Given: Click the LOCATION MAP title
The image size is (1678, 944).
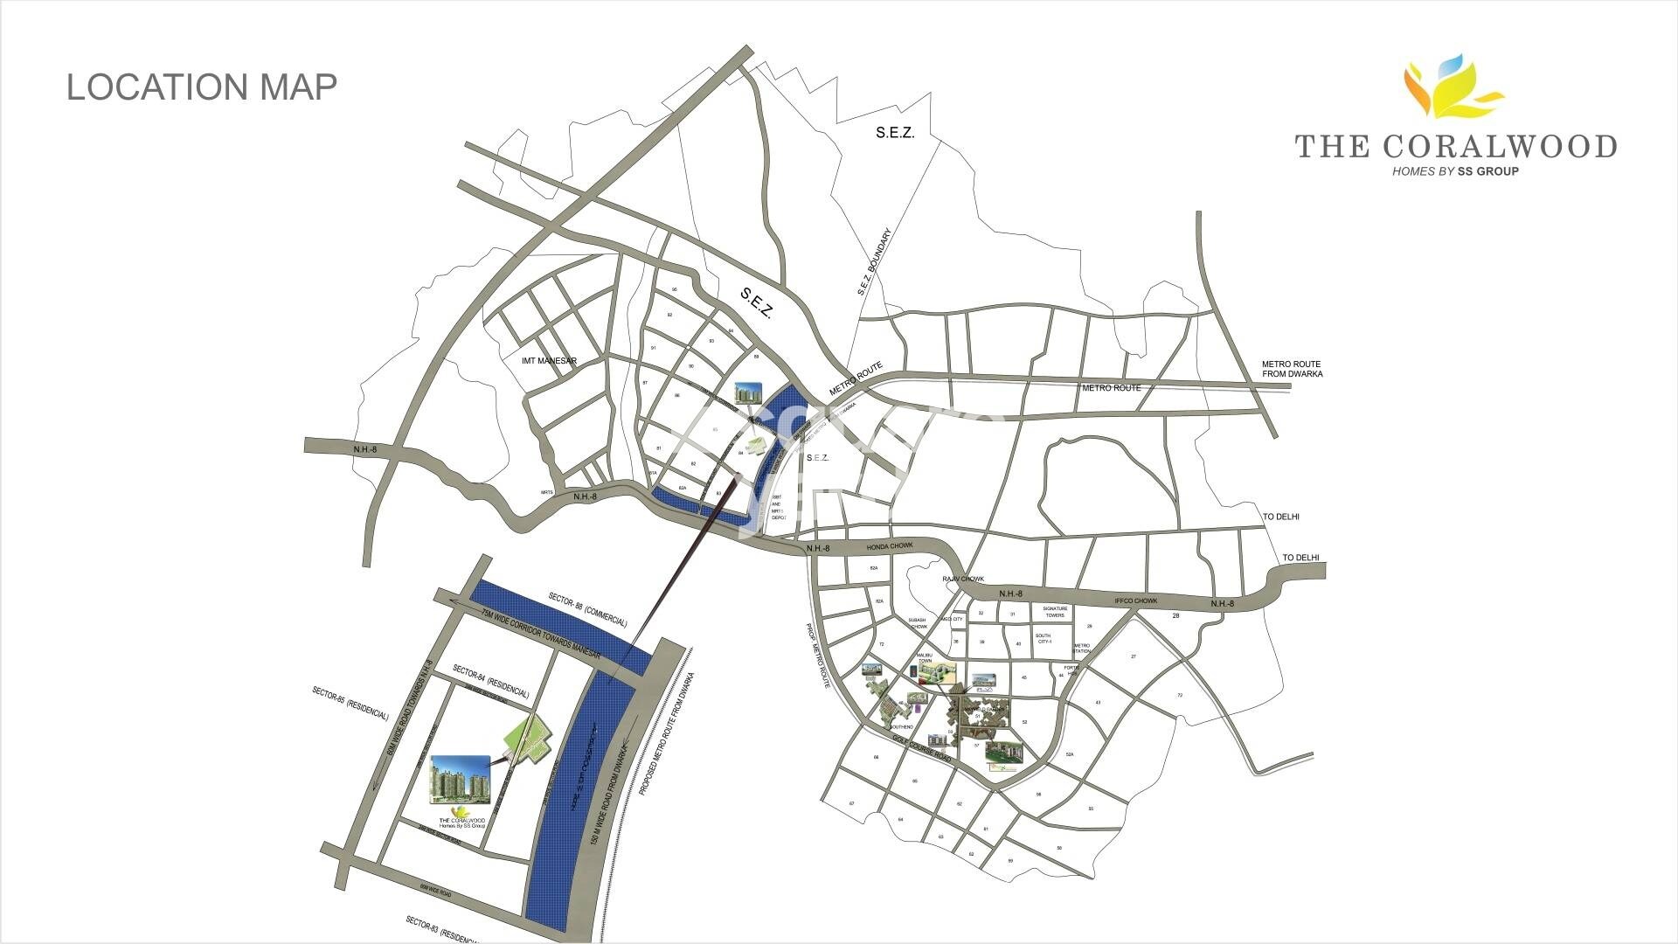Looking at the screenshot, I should point(202,87).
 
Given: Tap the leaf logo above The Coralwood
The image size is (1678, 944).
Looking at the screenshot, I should point(1452,88).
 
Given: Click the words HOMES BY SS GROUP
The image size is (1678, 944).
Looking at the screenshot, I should point(1455,171).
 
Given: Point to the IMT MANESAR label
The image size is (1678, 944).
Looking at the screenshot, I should point(549,361).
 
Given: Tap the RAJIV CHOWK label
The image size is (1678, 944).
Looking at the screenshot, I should point(963,580).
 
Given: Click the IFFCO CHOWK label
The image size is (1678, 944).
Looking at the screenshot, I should point(1136,601).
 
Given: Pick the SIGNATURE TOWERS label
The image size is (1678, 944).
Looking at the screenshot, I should point(1055,613).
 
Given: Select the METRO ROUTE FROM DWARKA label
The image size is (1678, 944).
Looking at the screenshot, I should point(1292,369).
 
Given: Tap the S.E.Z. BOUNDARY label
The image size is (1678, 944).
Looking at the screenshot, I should point(874,262).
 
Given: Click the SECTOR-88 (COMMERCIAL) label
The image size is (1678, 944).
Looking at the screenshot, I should point(588,610).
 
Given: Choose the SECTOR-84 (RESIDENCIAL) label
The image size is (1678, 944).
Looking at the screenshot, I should point(491,682).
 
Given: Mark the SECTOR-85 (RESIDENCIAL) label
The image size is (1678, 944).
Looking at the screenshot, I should point(350,704).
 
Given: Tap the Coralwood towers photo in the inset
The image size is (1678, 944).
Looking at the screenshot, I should point(460,779).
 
